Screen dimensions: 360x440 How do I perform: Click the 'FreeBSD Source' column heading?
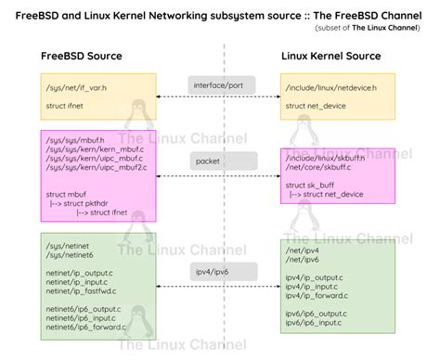point(82,57)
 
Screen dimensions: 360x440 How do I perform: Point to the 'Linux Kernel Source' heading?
point(331,57)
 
